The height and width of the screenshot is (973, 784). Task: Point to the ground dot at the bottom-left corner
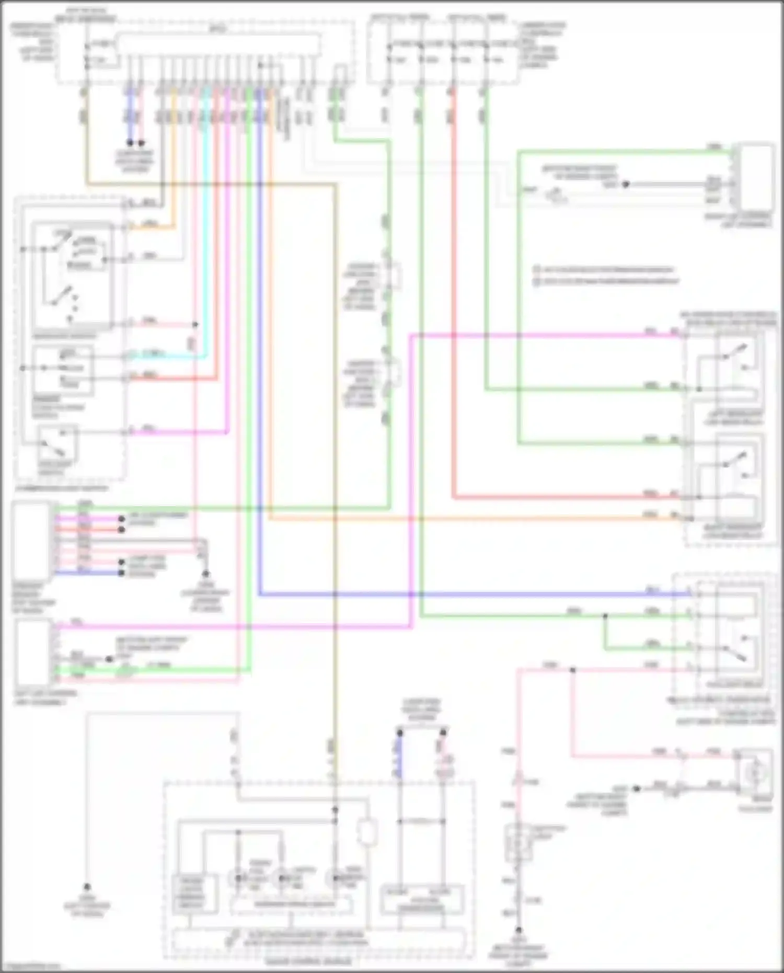click(x=87, y=887)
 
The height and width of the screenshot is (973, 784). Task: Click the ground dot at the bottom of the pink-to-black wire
click(x=518, y=930)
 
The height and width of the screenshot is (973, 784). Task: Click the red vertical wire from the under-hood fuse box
click(x=453, y=314)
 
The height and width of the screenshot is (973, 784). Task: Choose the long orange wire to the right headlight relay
click(x=470, y=519)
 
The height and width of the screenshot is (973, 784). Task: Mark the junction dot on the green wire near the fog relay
click(x=605, y=616)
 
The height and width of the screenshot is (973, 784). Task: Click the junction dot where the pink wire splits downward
click(x=572, y=670)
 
